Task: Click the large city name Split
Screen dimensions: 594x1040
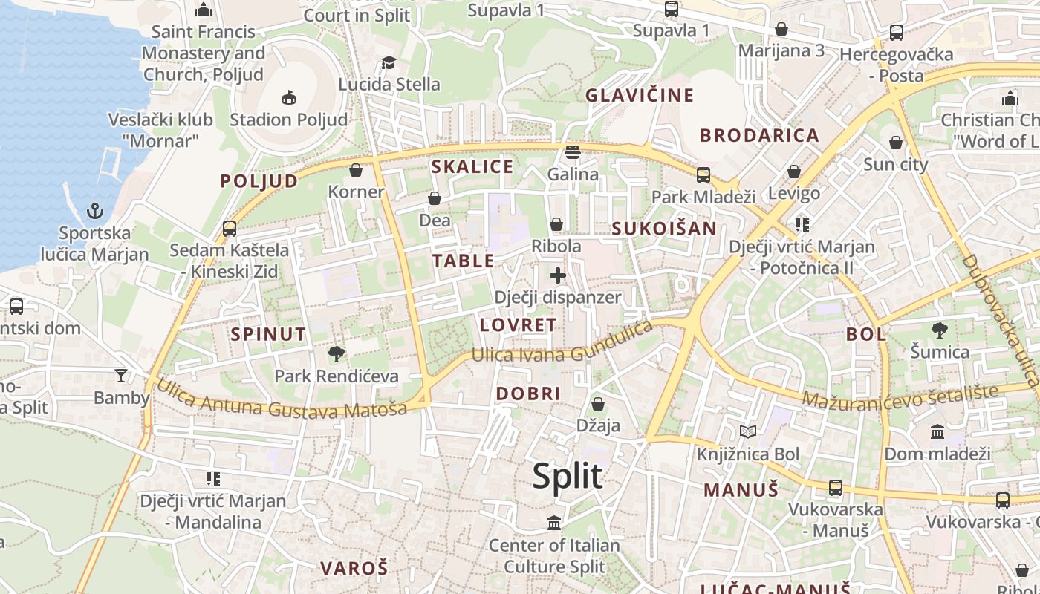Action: coord(567,476)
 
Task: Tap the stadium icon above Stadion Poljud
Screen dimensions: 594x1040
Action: coord(289,97)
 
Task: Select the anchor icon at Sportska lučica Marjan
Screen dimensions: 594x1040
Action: coord(94,212)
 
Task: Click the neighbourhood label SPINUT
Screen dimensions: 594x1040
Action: coord(268,334)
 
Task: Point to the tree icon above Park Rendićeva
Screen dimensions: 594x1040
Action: coord(337,354)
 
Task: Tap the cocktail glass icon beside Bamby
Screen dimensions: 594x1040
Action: coord(121,376)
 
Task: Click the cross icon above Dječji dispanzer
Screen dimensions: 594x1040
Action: coord(558,276)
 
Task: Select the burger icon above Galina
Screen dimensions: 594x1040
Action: coord(572,152)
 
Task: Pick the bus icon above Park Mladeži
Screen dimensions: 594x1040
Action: coord(703,175)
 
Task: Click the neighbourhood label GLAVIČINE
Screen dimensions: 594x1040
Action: coord(640,95)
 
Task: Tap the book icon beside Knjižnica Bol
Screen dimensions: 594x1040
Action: coord(747,432)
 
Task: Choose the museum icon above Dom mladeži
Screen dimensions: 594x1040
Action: coord(937,431)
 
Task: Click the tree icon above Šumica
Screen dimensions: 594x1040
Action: coord(940,330)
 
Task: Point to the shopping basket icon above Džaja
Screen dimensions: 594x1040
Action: coord(598,405)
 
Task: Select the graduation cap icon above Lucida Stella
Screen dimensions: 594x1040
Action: coord(389,62)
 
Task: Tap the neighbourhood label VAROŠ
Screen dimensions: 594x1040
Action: coord(354,569)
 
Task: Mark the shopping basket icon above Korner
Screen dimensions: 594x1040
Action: coord(356,170)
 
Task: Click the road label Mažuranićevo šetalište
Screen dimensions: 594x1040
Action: coord(900,396)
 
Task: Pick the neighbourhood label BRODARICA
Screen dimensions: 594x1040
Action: coord(760,135)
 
